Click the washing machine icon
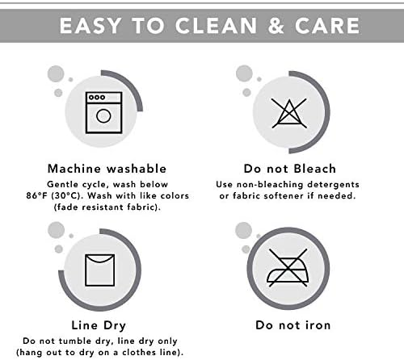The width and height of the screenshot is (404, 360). pyautogui.click(x=103, y=112)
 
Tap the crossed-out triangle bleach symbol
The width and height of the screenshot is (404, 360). pyautogui.click(x=289, y=113)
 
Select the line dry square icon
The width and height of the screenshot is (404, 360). pyautogui.click(x=100, y=270)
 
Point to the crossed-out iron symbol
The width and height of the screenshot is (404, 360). pyautogui.click(x=288, y=267)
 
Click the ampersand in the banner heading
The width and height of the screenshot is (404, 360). pyautogui.click(x=276, y=26)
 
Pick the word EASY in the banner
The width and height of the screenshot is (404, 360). pyautogui.click(x=90, y=26)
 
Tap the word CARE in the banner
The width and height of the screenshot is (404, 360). pyautogui.click(x=327, y=26)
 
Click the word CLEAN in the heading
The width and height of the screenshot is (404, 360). pyautogui.click(x=216, y=26)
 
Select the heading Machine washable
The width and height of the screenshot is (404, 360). pyautogui.click(x=107, y=169)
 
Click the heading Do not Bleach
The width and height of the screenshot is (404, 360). pyautogui.click(x=290, y=169)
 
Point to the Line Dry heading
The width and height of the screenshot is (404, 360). pyautogui.click(x=99, y=325)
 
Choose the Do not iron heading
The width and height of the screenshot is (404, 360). pyautogui.click(x=293, y=325)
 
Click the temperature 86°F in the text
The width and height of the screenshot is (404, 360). pyautogui.click(x=37, y=195)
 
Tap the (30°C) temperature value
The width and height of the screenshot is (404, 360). pyautogui.click(x=68, y=195)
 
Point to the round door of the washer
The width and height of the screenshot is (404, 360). pyautogui.click(x=103, y=116)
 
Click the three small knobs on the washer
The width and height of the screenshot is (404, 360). pyautogui.click(x=97, y=97)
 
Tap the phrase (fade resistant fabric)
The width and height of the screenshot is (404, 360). pyautogui.click(x=107, y=207)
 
